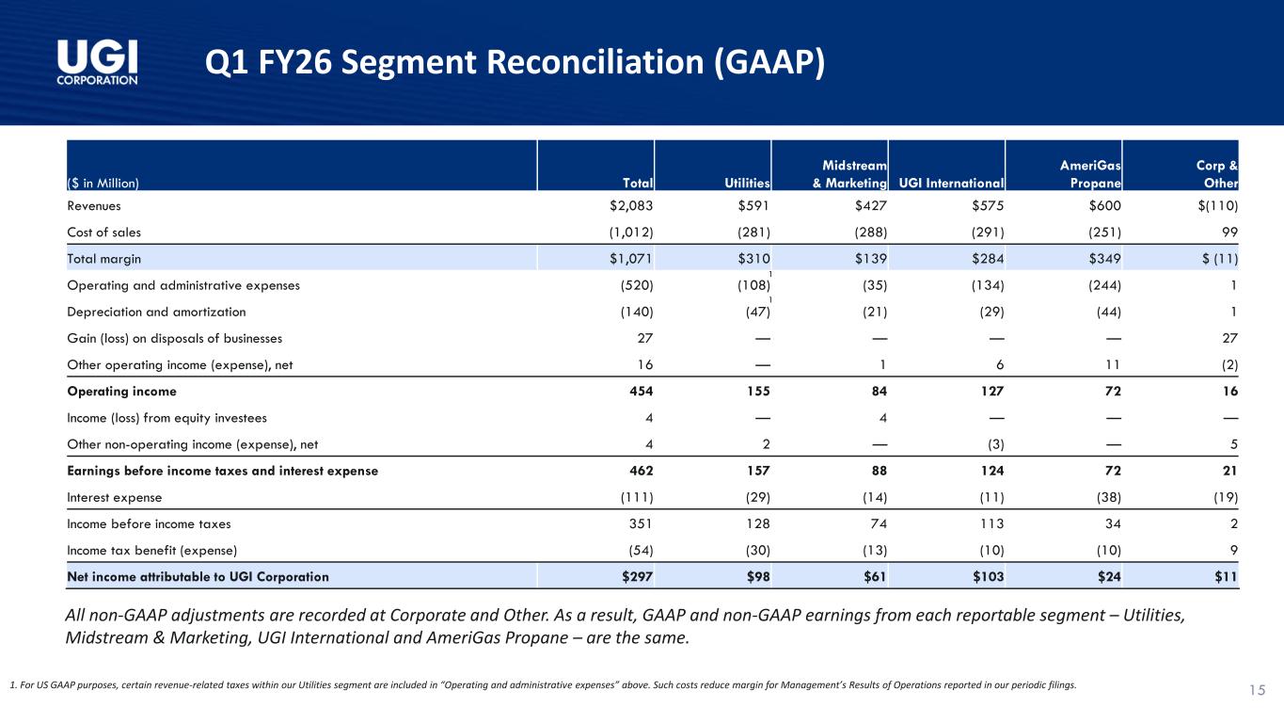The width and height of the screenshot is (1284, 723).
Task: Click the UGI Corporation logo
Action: [98, 61]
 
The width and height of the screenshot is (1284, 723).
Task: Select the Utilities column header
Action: [749, 184]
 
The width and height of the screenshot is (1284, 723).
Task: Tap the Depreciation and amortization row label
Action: [156, 312]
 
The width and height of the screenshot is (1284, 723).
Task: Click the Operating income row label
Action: [121, 391]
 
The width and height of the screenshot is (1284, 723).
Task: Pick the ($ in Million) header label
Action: [103, 184]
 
